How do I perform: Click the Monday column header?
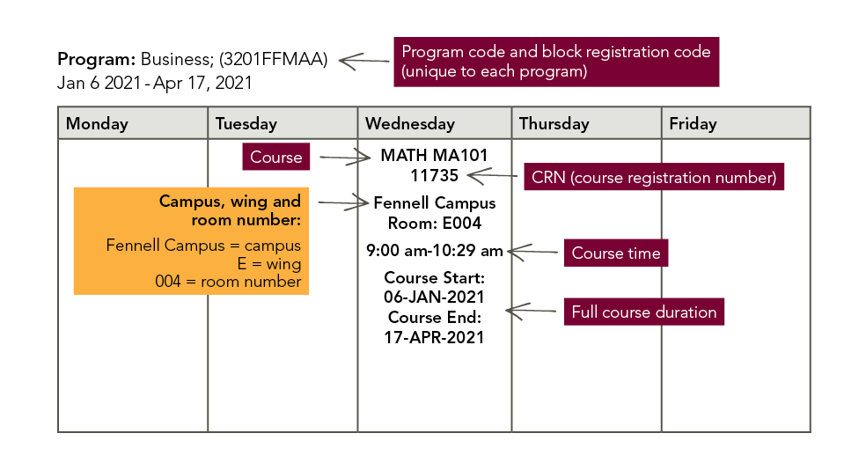(97, 124)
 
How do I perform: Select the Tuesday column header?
(246, 124)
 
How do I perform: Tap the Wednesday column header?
(410, 124)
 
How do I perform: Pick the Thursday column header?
(554, 124)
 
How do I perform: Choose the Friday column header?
(693, 124)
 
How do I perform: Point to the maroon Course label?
(276, 158)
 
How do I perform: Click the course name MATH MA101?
(434, 156)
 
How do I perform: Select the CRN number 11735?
(434, 175)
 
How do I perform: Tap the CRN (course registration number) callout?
(654, 178)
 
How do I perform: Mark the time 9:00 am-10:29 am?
(435, 251)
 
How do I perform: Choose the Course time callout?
(615, 253)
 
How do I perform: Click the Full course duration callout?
(643, 312)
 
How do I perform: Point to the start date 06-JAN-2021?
(435, 297)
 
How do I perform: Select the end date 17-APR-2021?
(435, 336)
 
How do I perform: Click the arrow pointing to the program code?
(363, 61)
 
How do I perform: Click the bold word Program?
(96, 61)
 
